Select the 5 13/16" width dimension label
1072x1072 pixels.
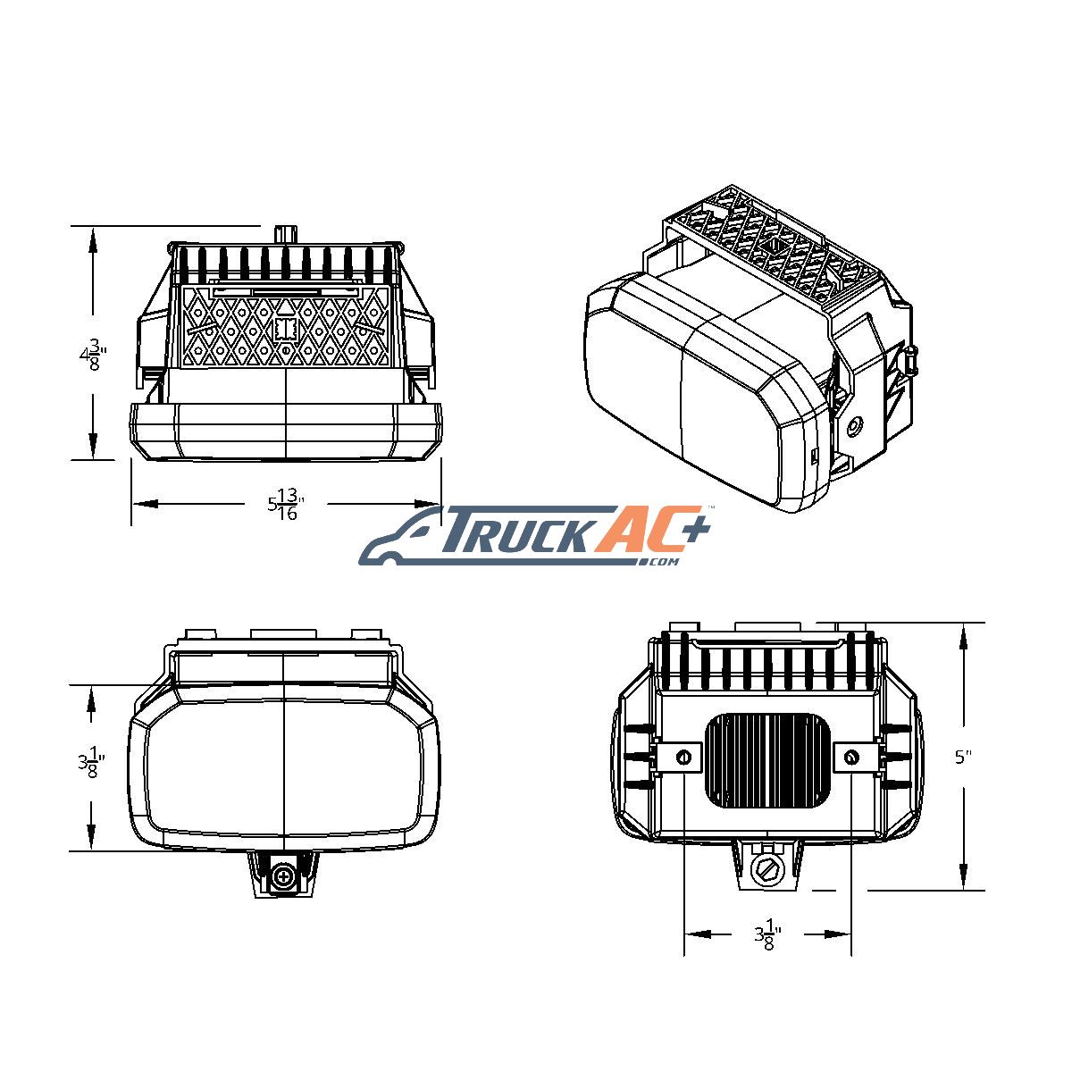(x=285, y=504)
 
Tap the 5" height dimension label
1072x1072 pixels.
(x=963, y=758)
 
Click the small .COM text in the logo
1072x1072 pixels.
(x=661, y=562)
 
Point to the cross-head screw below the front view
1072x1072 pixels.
(x=284, y=877)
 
